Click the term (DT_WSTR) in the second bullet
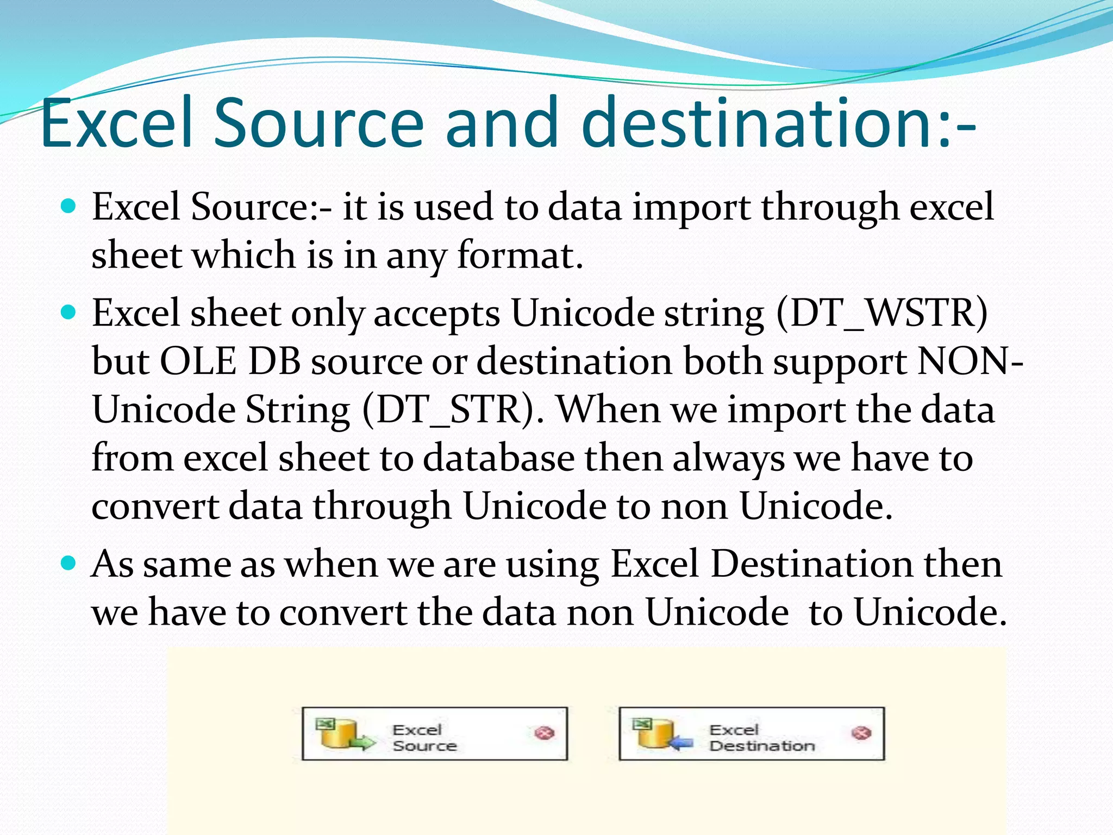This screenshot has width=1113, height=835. (882, 314)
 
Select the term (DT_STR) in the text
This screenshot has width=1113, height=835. (452, 410)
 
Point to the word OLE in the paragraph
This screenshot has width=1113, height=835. (198, 362)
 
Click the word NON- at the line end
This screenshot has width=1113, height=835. (970, 362)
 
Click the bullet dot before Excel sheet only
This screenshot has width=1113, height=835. (68, 313)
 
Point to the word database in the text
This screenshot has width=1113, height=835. (498, 458)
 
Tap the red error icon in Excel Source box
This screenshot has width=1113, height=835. (545, 733)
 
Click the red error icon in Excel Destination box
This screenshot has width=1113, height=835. (861, 733)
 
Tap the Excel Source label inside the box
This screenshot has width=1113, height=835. (424, 738)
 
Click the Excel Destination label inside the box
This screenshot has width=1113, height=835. (761, 738)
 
